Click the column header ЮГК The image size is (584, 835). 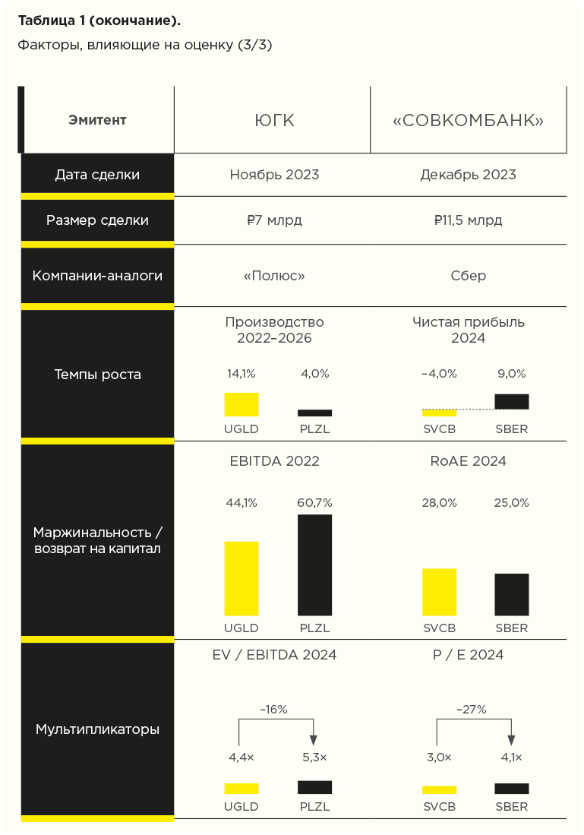coord(273,121)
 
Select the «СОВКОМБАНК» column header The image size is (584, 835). coord(468,121)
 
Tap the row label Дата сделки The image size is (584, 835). coord(97,175)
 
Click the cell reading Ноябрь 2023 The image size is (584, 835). coord(274,175)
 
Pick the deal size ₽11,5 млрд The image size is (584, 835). coord(468,221)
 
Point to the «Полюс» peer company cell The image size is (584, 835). coord(274,276)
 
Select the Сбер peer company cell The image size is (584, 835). coord(468,276)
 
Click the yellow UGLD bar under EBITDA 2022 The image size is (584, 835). coord(241,578)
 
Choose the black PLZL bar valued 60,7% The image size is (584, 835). coord(314,565)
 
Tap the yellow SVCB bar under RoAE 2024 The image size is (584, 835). coord(439,592)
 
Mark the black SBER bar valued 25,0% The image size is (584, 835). coord(511,594)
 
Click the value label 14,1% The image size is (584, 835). coord(241,374)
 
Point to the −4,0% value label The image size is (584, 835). coord(439,374)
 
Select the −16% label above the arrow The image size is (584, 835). coord(273,710)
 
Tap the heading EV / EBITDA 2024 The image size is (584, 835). coord(274,655)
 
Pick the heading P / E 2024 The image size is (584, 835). coord(468,655)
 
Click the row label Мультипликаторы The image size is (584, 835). coord(97,729)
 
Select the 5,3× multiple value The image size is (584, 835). coord(314,758)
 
